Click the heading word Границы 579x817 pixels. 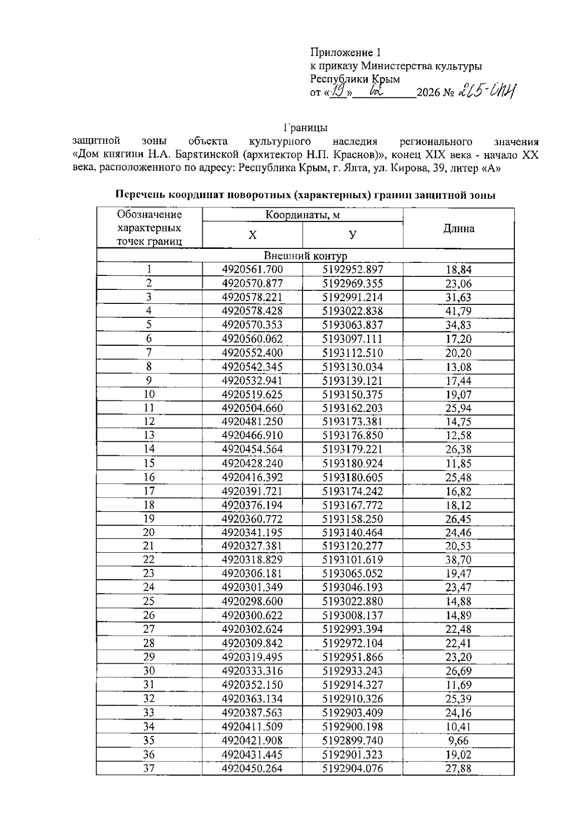point(306,128)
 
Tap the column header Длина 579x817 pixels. point(458,229)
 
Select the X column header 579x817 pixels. point(252,235)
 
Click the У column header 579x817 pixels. point(353,235)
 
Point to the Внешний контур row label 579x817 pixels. point(305,256)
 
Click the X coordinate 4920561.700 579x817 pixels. point(252,270)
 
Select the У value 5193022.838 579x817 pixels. point(353,311)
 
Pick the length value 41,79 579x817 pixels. point(458,312)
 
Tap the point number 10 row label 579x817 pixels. point(149,395)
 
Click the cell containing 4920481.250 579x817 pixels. point(252,422)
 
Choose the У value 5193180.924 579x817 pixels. point(353,463)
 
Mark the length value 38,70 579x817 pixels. point(458,560)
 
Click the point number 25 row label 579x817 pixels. point(149,601)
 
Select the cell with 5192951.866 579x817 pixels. point(353,657)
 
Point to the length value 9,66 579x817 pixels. point(458,741)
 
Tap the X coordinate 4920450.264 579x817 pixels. point(252,768)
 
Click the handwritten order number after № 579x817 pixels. point(487,90)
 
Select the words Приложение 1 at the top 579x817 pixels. point(346,53)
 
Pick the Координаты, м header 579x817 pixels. point(303,215)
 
